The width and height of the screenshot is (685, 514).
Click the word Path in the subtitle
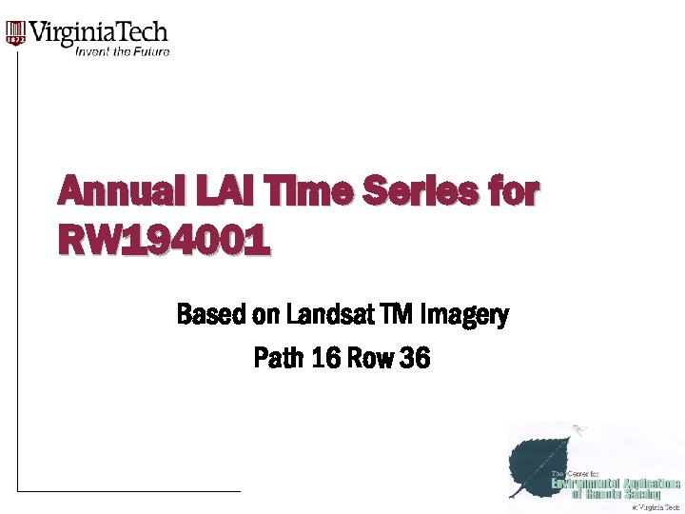279,359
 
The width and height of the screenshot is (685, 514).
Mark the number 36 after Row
416,359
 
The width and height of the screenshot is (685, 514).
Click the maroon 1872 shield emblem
15,34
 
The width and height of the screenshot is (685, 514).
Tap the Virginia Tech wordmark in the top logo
100,33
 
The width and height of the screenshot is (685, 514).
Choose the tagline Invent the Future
122,51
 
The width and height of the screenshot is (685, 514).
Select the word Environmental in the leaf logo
582,484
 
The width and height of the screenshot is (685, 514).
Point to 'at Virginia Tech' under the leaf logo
656,507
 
